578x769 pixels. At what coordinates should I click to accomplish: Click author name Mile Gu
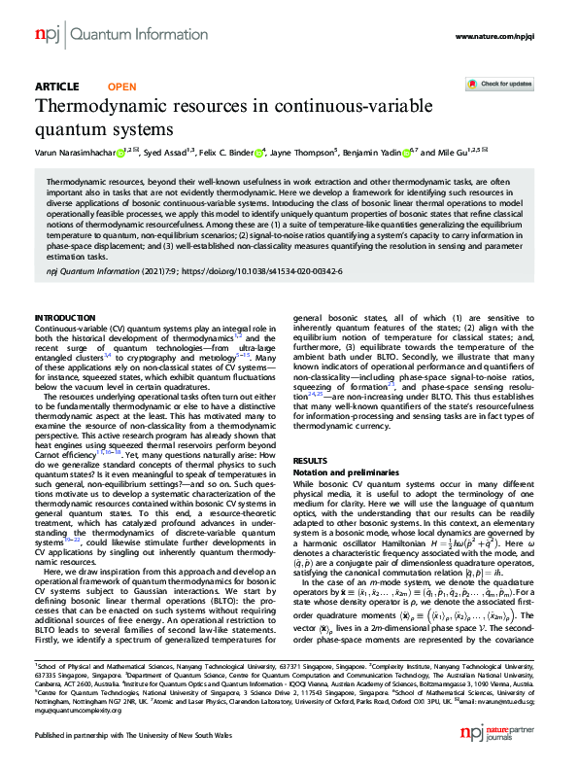[x=461, y=152]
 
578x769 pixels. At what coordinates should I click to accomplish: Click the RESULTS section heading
[x=310, y=460]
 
